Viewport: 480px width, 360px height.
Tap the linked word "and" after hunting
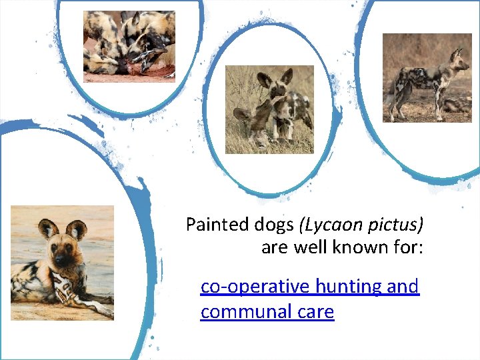click(403, 287)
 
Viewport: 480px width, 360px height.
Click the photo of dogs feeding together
click(129, 46)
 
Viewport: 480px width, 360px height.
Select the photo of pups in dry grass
click(269, 109)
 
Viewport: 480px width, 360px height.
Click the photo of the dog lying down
click(62, 263)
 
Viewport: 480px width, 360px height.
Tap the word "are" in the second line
click(273, 248)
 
